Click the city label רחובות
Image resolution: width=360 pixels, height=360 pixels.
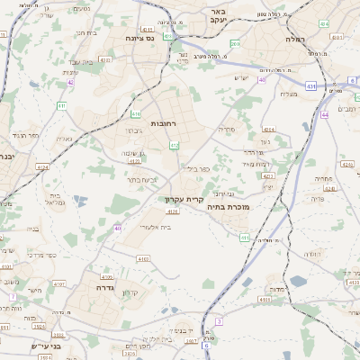pyautogui.click(x=163, y=123)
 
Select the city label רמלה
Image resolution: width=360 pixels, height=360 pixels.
pyautogui.click(x=296, y=39)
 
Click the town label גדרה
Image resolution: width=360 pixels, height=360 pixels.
pyautogui.click(x=102, y=288)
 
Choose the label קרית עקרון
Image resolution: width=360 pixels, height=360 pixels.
pyautogui.click(x=185, y=199)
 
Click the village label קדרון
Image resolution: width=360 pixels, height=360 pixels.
pyautogui.click(x=131, y=292)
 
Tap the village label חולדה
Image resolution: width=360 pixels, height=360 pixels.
pyautogui.click(x=312, y=254)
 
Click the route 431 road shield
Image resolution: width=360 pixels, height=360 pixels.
pyautogui.click(x=310, y=85)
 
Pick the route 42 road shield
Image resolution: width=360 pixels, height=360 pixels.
pyautogui.click(x=70, y=82)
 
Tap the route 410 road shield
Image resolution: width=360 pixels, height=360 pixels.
pyautogui.click(x=137, y=114)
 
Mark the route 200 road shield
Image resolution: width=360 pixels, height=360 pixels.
pyautogui.click(x=235, y=43)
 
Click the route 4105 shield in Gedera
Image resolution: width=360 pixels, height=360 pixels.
pyautogui.click(x=107, y=278)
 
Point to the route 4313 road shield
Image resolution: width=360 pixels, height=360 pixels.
pyautogui.click(x=105, y=59)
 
